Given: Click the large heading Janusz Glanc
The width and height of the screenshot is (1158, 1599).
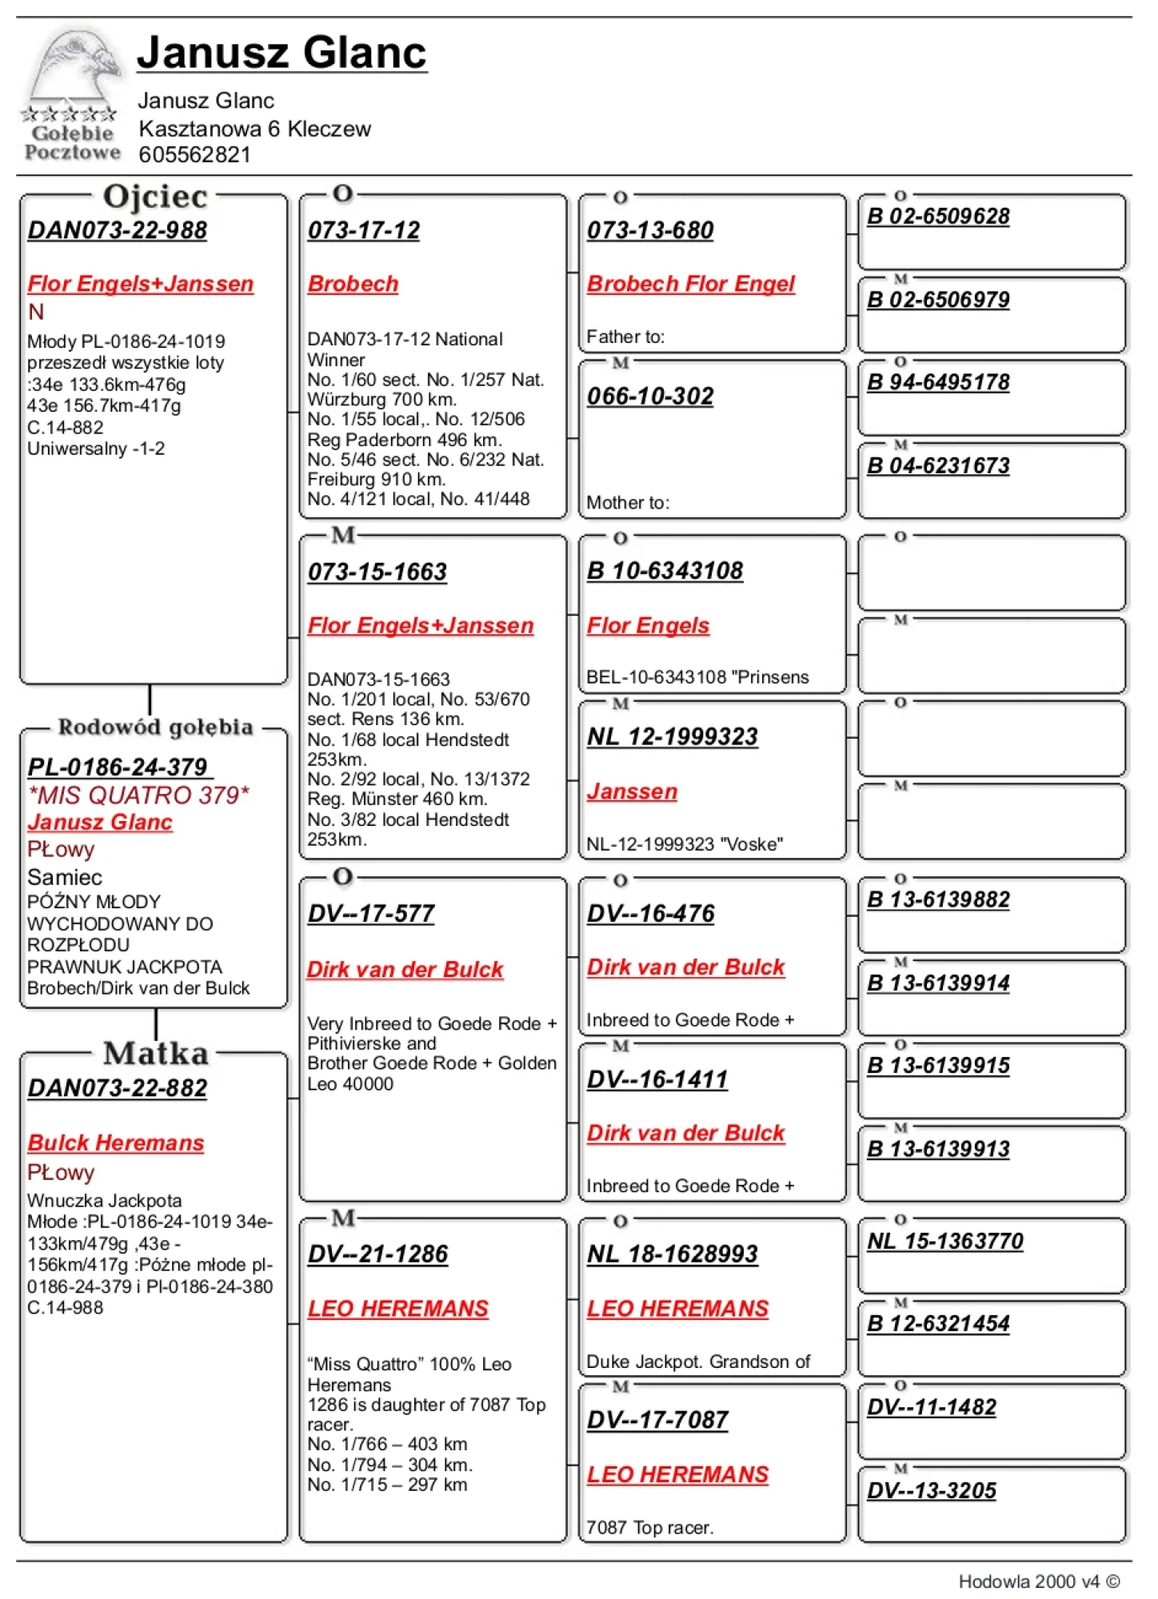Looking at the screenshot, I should click(x=282, y=53).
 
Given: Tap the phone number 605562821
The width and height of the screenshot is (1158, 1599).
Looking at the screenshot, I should click(x=194, y=155).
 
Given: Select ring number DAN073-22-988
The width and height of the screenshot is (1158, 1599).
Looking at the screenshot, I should click(x=117, y=230).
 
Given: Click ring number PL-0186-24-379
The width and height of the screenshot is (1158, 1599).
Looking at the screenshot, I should click(x=118, y=767).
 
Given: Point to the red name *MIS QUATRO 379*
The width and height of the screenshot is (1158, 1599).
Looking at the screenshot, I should click(x=138, y=795).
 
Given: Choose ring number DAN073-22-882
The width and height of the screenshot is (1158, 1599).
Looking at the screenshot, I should click(x=117, y=1088).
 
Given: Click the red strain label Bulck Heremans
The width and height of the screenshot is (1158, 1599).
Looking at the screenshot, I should click(x=115, y=1142).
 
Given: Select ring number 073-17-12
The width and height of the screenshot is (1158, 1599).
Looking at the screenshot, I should click(x=363, y=230).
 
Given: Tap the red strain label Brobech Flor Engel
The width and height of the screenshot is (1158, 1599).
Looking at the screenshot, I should click(x=690, y=284).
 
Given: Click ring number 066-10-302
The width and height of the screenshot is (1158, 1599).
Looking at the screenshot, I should click(x=649, y=396).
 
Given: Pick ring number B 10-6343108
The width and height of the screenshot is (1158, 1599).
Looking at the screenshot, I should click(x=665, y=571).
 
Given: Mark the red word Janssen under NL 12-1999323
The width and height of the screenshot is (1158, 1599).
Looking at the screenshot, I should click(x=632, y=792).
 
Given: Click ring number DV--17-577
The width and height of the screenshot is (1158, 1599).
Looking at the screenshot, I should click(x=370, y=914).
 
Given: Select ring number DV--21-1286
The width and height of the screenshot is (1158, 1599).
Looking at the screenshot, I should click(x=377, y=1254).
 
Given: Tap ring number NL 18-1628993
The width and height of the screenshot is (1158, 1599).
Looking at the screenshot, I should click(x=672, y=1254).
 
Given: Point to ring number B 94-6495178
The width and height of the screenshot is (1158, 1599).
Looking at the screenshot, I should click(x=937, y=382).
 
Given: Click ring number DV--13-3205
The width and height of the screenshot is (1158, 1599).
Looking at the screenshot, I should click(x=931, y=1490).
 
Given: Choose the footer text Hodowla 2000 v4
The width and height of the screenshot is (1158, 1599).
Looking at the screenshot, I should click(x=1038, y=1581).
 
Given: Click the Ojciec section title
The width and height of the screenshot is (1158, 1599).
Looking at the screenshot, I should click(x=155, y=197).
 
